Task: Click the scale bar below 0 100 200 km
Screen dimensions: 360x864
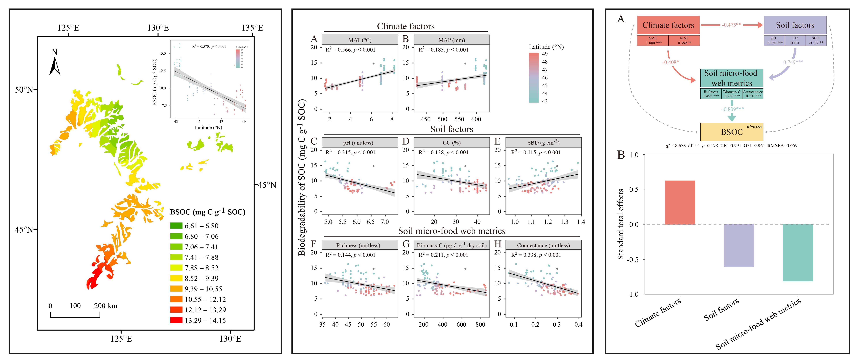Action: tap(75, 315)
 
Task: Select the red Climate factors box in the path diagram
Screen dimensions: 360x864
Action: tap(668, 25)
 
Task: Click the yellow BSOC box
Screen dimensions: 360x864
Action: tap(732, 132)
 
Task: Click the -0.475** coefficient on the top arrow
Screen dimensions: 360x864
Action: tap(732, 25)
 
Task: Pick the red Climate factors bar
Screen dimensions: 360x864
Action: tap(680, 202)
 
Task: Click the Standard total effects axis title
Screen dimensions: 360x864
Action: tap(621, 224)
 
